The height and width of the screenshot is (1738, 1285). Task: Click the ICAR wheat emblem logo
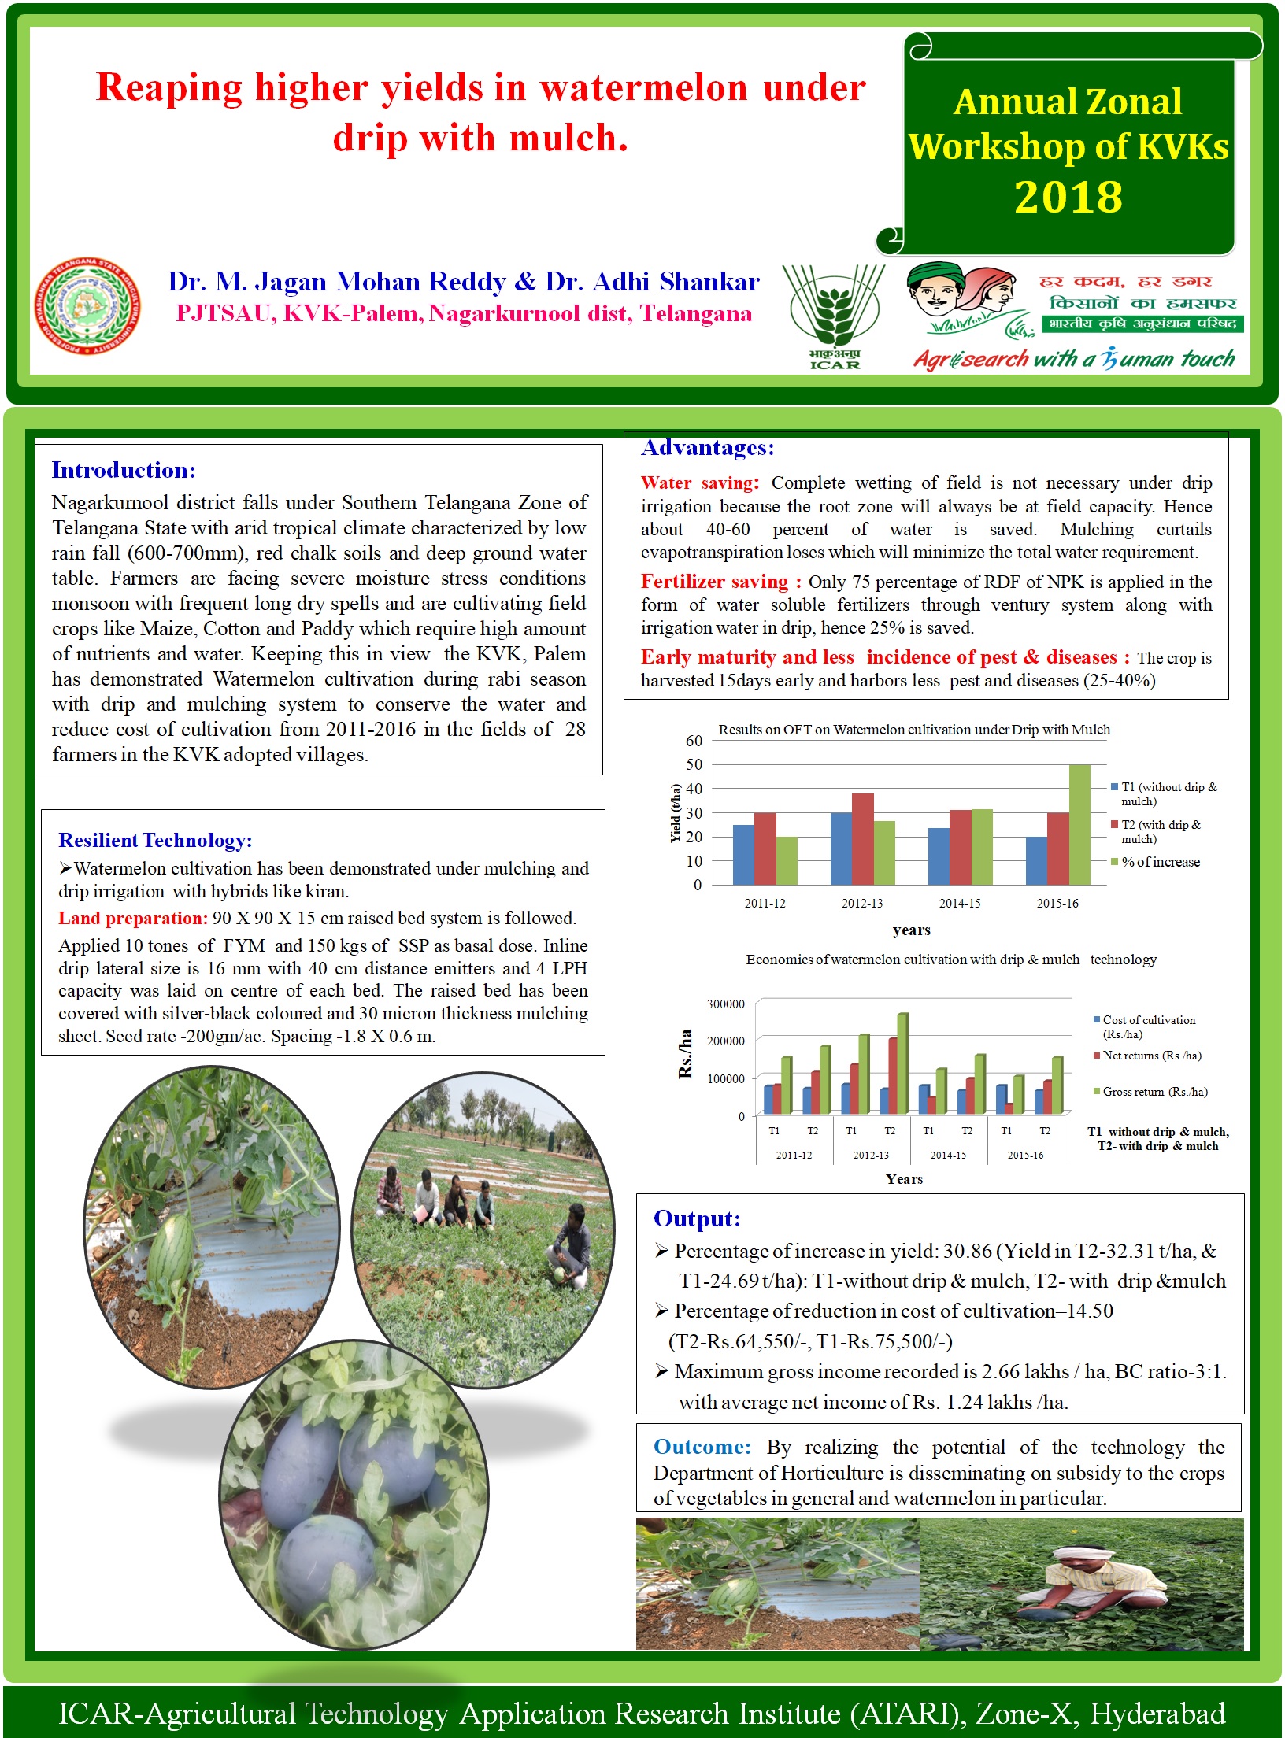coord(834,315)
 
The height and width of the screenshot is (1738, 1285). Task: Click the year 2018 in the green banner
coord(1068,197)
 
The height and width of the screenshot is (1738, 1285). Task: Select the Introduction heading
coord(124,470)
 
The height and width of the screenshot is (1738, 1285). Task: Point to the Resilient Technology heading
coord(155,840)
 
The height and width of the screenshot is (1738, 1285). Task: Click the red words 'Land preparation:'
coord(132,918)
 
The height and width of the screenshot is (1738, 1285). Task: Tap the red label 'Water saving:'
coord(699,483)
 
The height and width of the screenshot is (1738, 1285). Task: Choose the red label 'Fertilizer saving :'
coord(720,582)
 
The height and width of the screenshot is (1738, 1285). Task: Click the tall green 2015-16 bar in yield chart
coord(1079,824)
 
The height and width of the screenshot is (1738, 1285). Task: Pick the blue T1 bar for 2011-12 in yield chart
coord(743,854)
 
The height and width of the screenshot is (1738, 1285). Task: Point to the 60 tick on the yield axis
coord(694,741)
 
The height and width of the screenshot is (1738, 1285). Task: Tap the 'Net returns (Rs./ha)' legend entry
coord(1151,1056)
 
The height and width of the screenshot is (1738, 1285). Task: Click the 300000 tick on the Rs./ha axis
coord(725,1004)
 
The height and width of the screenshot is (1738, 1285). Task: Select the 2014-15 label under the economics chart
coord(948,1156)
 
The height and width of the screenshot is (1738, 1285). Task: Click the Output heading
coord(697,1219)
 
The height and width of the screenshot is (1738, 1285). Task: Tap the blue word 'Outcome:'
coord(702,1447)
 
